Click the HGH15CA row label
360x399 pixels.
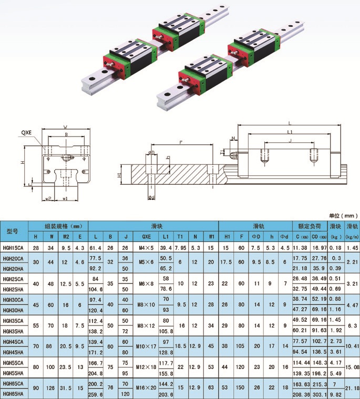pyautogui.click(x=13, y=247)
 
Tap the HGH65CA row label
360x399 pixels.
pyautogui.click(x=13, y=384)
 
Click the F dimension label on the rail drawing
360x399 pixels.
pyautogui.click(x=181, y=142)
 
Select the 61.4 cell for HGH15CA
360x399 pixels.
pyautogui.click(x=95, y=247)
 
